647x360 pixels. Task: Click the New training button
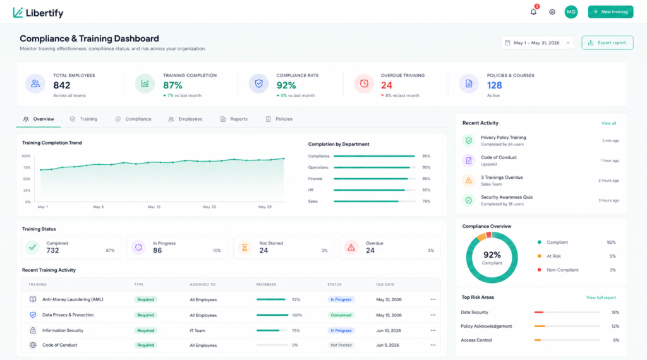pos(610,12)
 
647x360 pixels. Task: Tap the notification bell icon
pos(533,11)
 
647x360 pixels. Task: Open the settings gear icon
pos(552,12)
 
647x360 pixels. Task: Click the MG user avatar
pos(571,12)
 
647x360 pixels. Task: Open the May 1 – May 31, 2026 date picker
pos(537,43)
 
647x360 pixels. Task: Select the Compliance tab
pos(133,119)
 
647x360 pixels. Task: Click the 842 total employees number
pos(62,85)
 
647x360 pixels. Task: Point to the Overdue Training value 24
pos(387,85)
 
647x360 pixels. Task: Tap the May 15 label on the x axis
pos(154,207)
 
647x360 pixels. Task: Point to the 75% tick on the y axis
pos(27,167)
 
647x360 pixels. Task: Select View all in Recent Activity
pos(608,123)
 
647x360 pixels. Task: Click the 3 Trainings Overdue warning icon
pos(469,180)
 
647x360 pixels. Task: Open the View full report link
pos(601,297)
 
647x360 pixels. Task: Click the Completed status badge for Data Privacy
pos(341,315)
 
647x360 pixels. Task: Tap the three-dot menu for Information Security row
pos(433,330)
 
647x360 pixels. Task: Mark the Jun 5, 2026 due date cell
pos(387,345)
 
